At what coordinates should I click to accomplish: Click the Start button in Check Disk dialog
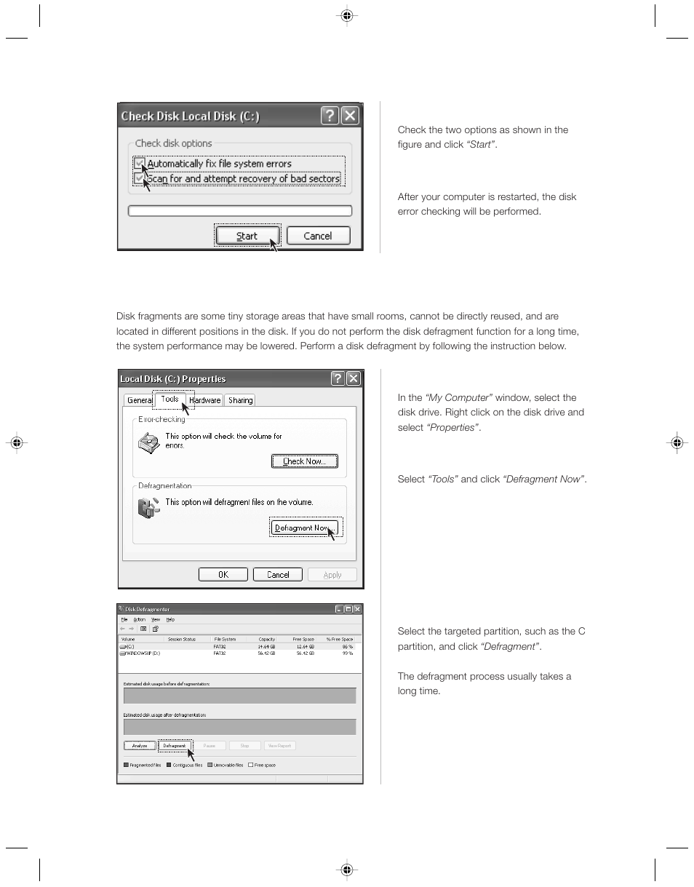point(247,236)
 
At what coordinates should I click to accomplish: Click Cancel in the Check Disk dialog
point(318,236)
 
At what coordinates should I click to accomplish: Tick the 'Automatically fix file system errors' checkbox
point(139,164)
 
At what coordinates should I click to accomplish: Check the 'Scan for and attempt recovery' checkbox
point(139,178)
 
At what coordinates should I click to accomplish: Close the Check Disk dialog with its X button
point(350,116)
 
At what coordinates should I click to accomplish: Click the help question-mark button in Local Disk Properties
point(338,378)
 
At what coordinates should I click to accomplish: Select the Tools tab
point(169,399)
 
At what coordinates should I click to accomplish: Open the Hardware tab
point(205,400)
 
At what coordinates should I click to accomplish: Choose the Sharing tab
point(240,400)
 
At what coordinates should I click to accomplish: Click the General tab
point(140,400)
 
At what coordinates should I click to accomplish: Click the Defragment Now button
point(304,528)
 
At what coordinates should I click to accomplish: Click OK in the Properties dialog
point(223,575)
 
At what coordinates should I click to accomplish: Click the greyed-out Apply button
point(332,575)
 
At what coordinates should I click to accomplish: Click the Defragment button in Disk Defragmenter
point(175,746)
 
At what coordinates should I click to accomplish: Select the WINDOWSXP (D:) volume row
point(142,653)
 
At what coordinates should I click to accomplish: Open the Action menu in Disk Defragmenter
point(140,620)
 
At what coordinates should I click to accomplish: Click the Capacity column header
point(267,640)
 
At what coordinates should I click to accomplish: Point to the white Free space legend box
point(251,765)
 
